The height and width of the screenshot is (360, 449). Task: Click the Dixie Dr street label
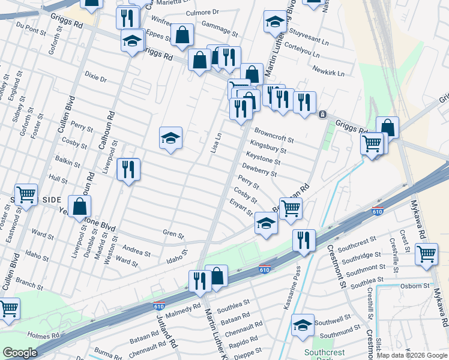coord(95,79)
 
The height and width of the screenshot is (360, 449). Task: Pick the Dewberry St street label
coord(259,170)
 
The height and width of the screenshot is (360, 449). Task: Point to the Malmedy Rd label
coord(183,309)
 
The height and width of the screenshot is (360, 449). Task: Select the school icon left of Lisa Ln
coord(170,139)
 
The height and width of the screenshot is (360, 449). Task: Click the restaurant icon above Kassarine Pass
coord(304,240)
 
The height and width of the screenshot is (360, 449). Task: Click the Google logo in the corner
coord(20,353)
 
